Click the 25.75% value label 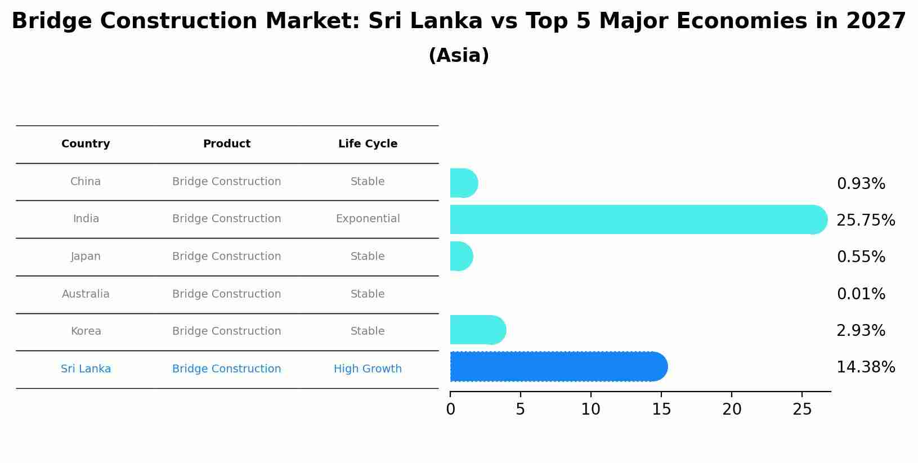pyautogui.click(x=865, y=221)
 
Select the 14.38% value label pyautogui.click(x=865, y=367)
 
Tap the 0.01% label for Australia pyautogui.click(x=861, y=294)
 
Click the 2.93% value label pyautogui.click(x=861, y=331)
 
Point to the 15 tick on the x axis pyautogui.click(x=661, y=410)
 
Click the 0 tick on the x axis pyautogui.click(x=450, y=410)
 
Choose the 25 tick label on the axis pyautogui.click(x=802, y=410)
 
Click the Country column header pyautogui.click(x=86, y=144)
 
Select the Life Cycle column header pyautogui.click(x=368, y=144)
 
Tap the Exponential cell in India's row pyautogui.click(x=368, y=219)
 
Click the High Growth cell pyautogui.click(x=368, y=369)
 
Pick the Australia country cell pyautogui.click(x=86, y=294)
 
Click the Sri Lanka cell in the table pyautogui.click(x=86, y=369)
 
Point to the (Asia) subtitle pyautogui.click(x=459, y=56)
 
